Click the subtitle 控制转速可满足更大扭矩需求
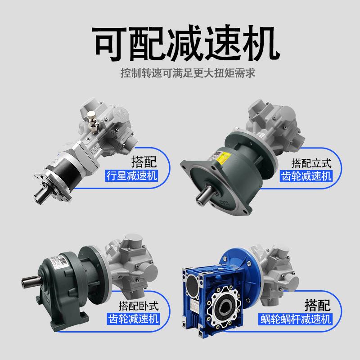tap(180, 72)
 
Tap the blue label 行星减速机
tap(132, 175)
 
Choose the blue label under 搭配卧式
tap(134, 319)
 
